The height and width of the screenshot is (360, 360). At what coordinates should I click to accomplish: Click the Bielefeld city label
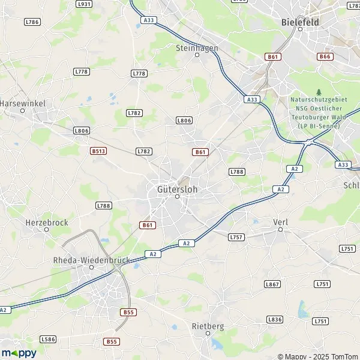300,22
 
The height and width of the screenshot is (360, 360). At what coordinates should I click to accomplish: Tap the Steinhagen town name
197,47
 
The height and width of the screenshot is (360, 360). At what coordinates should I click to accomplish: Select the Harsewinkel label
23,104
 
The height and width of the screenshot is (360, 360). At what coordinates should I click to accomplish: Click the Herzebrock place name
47,222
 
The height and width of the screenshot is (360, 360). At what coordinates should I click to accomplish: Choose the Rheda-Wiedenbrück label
91,260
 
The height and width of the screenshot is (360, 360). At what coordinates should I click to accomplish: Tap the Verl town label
280,222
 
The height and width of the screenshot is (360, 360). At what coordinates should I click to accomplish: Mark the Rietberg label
207,326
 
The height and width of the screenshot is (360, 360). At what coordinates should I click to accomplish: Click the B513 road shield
98,151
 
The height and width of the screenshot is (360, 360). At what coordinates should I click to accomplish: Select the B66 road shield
325,56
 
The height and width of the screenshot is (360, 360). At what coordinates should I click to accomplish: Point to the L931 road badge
85,4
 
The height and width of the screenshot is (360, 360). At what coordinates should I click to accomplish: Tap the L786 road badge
32,22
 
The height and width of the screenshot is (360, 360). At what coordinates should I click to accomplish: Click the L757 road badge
236,238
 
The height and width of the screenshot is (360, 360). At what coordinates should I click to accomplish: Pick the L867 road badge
272,284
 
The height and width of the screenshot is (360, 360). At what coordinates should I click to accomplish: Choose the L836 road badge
275,320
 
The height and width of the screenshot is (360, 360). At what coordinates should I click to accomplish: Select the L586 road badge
49,339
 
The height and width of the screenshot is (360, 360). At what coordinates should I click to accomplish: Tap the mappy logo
19,353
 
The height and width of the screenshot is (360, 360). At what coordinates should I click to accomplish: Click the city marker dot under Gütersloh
177,196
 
